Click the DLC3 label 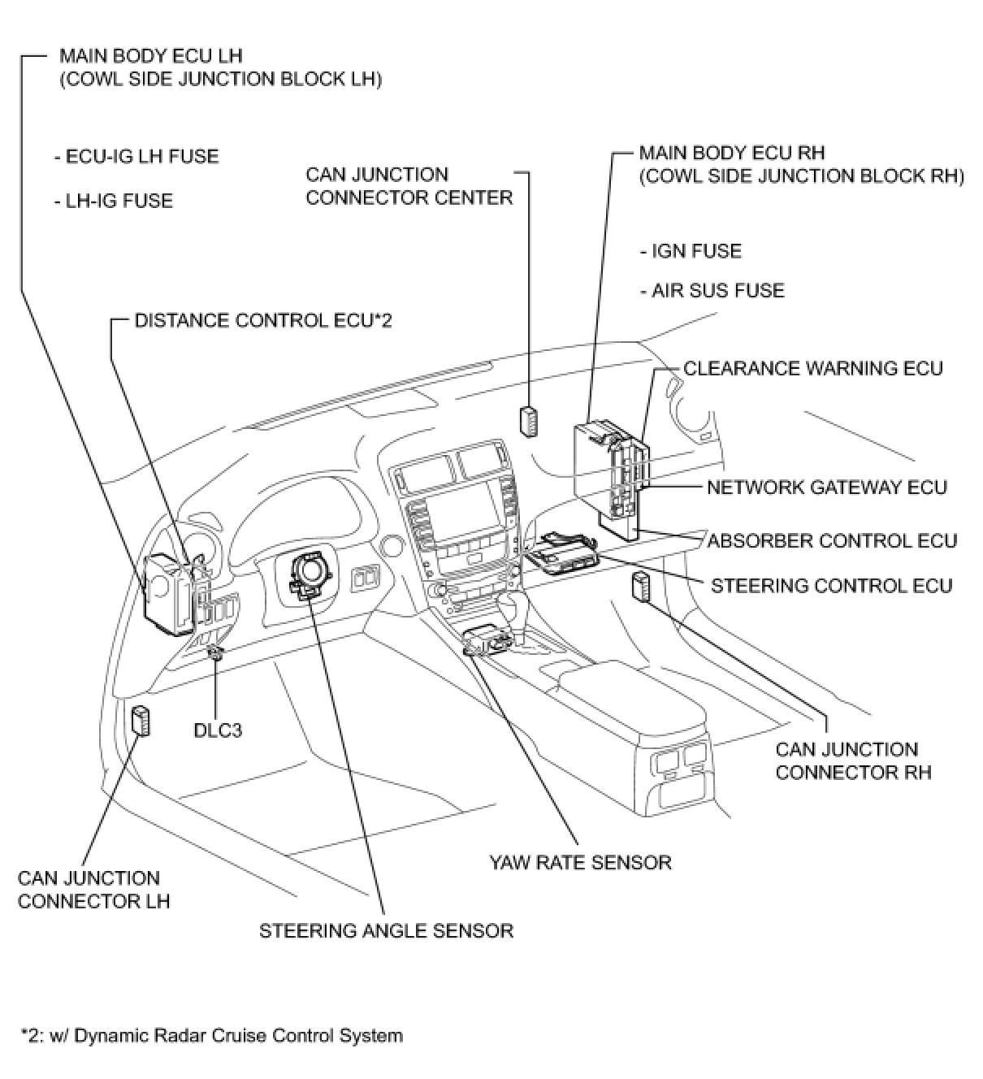(x=218, y=730)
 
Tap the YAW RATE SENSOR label (x=580, y=862)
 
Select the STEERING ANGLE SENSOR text (x=386, y=930)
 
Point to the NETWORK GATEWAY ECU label (x=826, y=487)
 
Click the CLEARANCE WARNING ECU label (x=812, y=369)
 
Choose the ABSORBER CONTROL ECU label (x=832, y=541)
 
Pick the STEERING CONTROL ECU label (x=831, y=586)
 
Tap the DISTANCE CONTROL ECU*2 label (x=263, y=321)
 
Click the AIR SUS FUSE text (x=712, y=291)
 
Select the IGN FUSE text (x=691, y=251)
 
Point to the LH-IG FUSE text (x=114, y=201)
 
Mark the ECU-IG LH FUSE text (x=136, y=156)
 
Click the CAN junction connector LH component (x=141, y=721)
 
